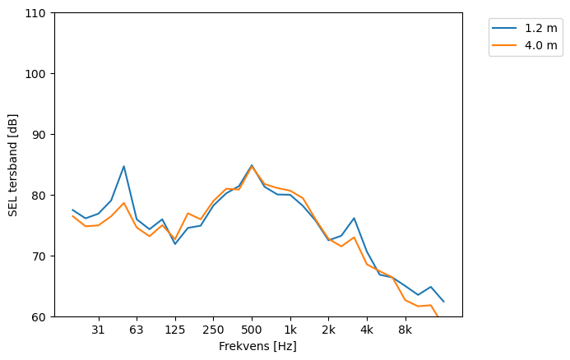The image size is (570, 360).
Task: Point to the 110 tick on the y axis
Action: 38,13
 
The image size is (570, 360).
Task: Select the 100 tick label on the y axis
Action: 38,74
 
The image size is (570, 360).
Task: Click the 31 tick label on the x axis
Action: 98,330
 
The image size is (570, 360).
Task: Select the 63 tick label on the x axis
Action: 137,330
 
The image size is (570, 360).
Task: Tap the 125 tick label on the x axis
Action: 174,330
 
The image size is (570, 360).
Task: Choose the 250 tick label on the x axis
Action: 213,330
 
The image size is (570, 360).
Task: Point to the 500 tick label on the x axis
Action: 252,330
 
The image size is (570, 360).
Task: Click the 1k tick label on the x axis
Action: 290,330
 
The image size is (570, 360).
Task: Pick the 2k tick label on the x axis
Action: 328,330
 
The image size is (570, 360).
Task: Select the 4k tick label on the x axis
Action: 367,330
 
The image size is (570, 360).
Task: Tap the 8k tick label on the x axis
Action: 405,330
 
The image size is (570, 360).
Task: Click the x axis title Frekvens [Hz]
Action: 257,347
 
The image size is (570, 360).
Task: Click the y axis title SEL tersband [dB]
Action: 12,165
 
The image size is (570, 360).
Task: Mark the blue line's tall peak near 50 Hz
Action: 123,166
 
